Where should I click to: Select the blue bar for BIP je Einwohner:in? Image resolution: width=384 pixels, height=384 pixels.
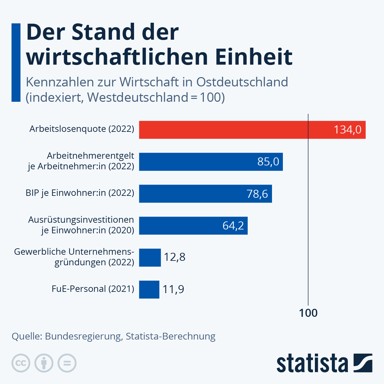coord(192,194)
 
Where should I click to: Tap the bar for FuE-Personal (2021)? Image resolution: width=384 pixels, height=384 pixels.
coord(149,290)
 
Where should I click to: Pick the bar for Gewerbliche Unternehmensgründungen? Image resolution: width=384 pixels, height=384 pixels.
coord(150,258)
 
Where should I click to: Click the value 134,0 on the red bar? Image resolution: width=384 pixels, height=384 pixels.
coord(347,130)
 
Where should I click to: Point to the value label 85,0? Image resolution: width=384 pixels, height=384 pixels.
coord(268,162)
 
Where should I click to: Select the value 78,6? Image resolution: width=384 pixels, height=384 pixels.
coord(257,194)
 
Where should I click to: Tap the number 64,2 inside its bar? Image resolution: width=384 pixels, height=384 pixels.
coord(233,226)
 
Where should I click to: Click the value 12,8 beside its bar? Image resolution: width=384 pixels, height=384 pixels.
coord(175,257)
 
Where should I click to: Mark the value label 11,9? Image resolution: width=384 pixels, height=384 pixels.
coord(173,289)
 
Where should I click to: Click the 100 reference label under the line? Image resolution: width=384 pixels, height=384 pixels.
coord(308,313)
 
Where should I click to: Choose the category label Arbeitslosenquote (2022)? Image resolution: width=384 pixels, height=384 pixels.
coord(82,129)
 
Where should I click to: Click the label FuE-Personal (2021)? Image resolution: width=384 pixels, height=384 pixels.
coord(93,289)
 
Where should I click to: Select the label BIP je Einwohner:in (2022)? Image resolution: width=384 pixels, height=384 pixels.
coord(80,193)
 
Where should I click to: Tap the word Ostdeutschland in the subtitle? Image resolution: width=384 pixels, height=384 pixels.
coord(242,82)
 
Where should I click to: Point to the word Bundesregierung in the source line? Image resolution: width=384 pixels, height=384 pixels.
coord(84,336)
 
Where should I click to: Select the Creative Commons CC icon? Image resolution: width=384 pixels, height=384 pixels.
coord(21,363)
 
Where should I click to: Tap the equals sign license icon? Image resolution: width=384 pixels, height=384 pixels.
coord(67,363)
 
